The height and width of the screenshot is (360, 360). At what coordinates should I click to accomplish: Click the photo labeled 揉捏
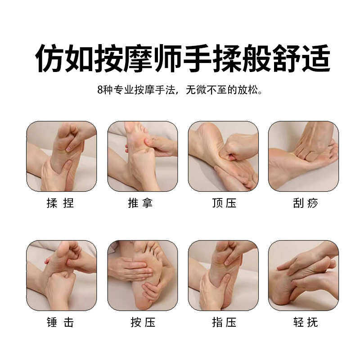point(62,156)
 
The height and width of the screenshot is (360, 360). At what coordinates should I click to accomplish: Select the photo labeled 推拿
point(142,156)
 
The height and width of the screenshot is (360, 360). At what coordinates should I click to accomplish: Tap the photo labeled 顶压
point(223,156)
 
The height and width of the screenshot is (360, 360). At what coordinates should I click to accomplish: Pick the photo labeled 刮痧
point(303,156)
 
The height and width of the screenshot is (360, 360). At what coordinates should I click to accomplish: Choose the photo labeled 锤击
point(62,275)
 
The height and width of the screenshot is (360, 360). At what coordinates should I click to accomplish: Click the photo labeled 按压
point(142,275)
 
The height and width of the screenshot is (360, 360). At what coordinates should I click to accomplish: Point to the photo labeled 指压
point(223,275)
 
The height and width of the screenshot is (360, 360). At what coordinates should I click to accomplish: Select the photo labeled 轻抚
point(303,275)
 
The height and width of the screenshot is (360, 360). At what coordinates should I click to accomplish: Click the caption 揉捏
point(60,203)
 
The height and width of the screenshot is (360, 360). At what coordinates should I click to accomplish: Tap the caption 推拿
point(140,203)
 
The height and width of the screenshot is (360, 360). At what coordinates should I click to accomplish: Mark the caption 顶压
point(224,203)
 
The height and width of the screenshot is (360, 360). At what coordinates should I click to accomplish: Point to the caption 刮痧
point(305,203)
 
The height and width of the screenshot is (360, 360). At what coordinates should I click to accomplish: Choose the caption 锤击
point(60,323)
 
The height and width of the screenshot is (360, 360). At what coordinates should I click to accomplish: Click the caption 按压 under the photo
point(140,323)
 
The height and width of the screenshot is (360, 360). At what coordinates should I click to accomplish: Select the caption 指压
point(224,323)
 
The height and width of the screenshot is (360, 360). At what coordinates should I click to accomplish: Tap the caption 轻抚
point(305,323)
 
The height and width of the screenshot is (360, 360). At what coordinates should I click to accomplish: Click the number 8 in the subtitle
point(99,90)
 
